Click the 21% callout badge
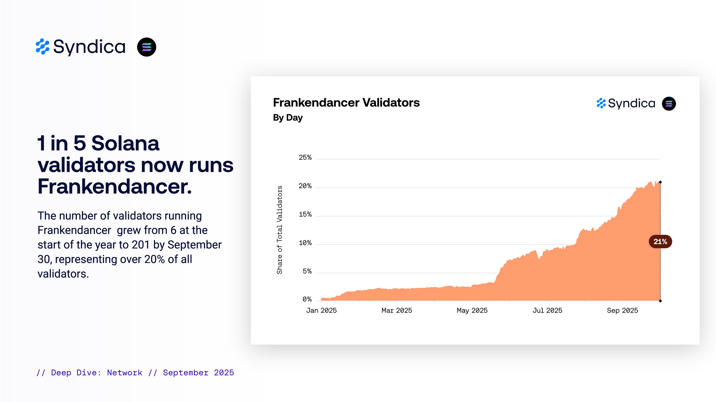click(x=660, y=242)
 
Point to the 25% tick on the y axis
click(x=305, y=158)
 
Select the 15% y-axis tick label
click(x=305, y=214)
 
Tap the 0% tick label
click(x=307, y=299)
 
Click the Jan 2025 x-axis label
click(x=321, y=311)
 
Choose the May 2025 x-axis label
click(x=472, y=311)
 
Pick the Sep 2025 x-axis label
click(x=622, y=311)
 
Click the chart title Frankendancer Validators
click(x=346, y=103)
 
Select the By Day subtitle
click(x=287, y=118)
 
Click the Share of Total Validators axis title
click(x=280, y=230)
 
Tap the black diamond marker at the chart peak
click(x=660, y=182)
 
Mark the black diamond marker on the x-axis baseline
click(x=660, y=301)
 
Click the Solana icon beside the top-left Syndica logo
click(x=146, y=47)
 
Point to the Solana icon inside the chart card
click(x=669, y=104)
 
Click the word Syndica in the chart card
click(x=632, y=104)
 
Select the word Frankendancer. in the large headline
click(x=115, y=187)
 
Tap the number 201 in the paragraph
click(x=140, y=245)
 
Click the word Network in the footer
click(x=125, y=373)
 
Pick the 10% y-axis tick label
click(x=305, y=243)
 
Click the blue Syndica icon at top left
click(x=43, y=47)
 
